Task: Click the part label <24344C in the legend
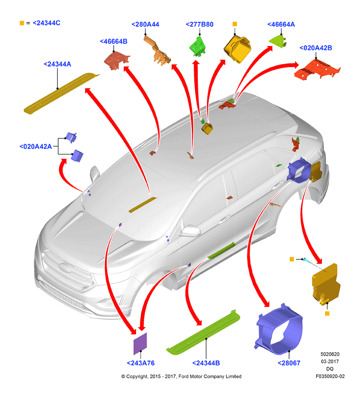(x=47, y=23)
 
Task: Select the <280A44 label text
(x=145, y=24)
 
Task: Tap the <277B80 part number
(x=200, y=24)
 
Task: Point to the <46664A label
(x=281, y=24)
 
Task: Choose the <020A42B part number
(x=316, y=48)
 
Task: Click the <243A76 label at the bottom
(x=141, y=363)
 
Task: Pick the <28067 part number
(x=289, y=363)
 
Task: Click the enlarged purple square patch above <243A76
(x=140, y=343)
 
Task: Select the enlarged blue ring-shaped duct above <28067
(x=279, y=329)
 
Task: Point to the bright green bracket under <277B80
(x=198, y=46)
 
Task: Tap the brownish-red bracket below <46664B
(x=117, y=60)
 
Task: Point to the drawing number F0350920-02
(x=330, y=376)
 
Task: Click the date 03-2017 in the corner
(x=330, y=361)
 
